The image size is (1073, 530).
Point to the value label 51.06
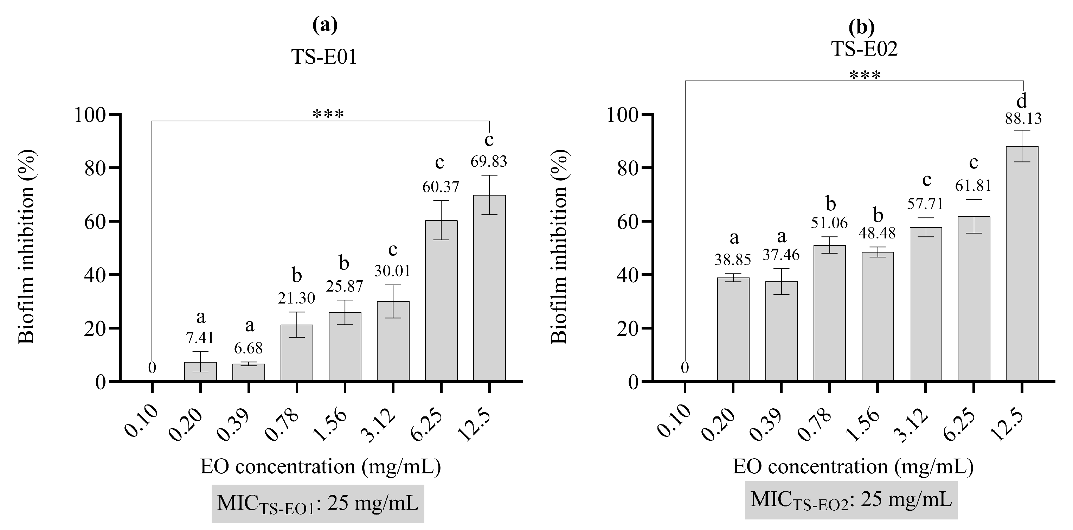click(829, 223)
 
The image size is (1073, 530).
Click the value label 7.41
click(200, 338)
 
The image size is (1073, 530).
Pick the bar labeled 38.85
click(733, 329)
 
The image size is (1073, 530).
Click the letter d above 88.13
click(1022, 101)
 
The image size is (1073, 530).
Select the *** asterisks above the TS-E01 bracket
click(328, 114)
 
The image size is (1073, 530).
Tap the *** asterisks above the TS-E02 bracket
click(865, 75)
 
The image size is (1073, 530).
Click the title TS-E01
click(324, 57)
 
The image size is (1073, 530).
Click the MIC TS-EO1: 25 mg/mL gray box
click(317, 503)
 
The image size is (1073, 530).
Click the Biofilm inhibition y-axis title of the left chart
click(27, 248)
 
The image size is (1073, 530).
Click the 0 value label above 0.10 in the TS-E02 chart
click(685, 368)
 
